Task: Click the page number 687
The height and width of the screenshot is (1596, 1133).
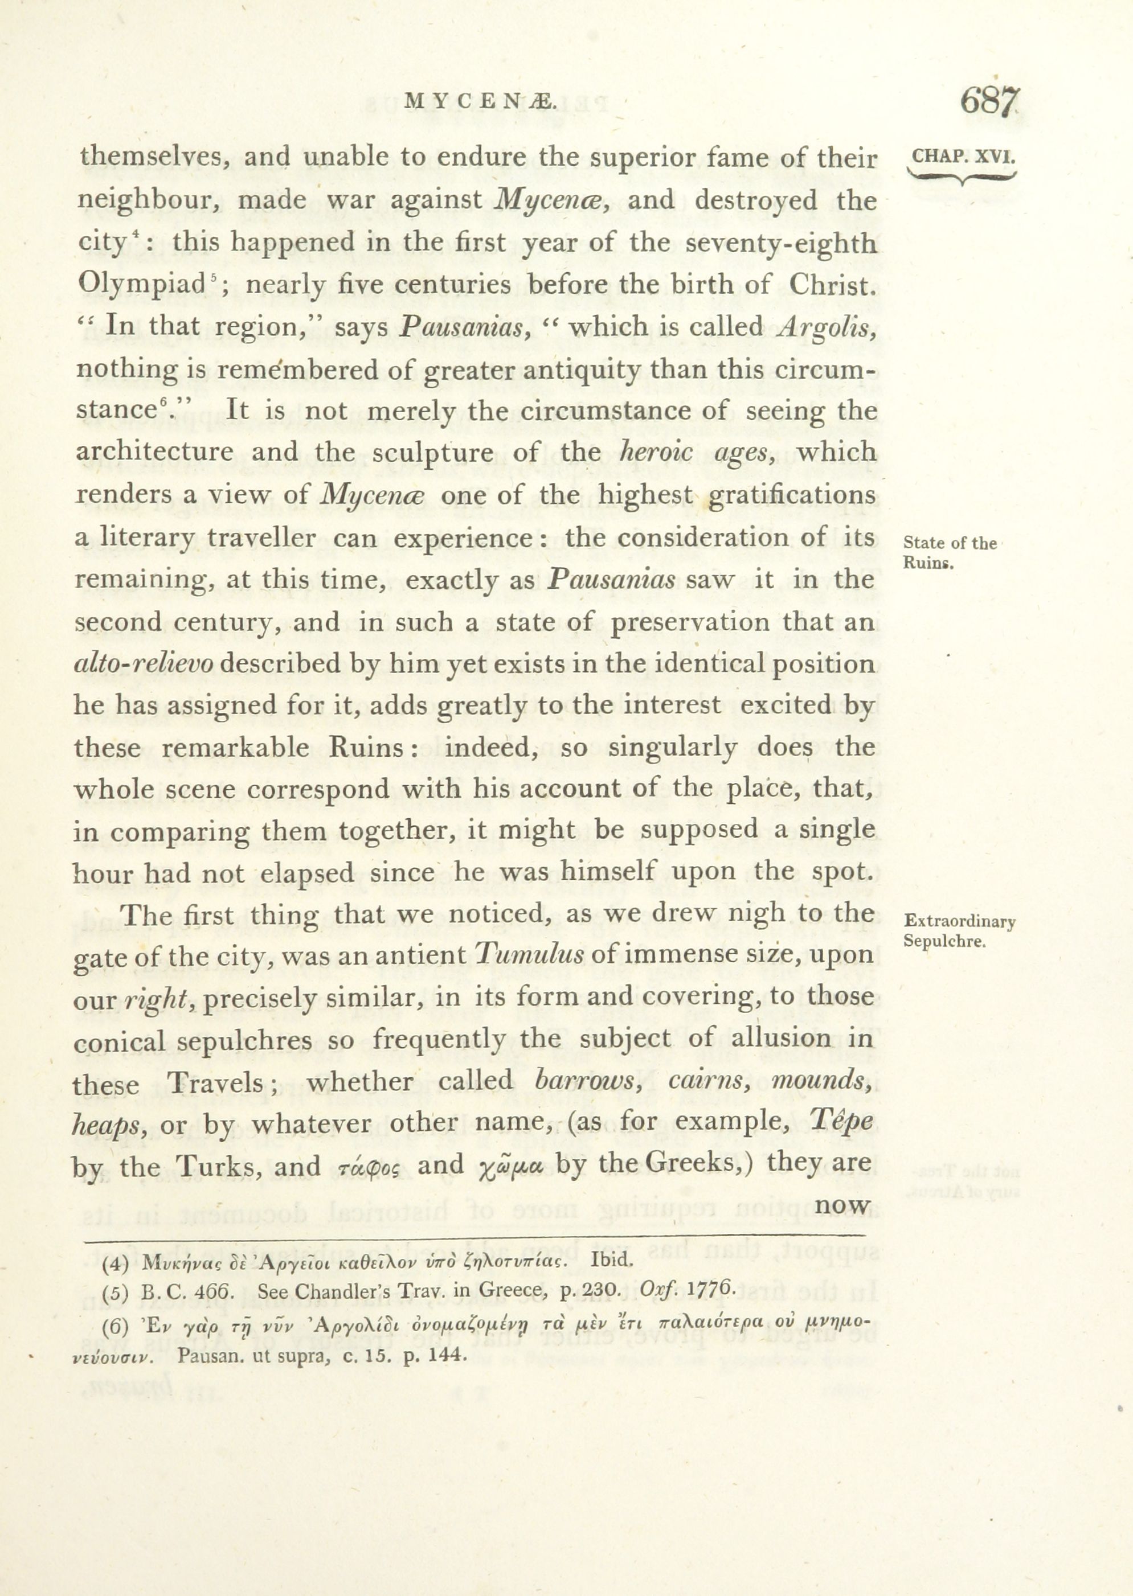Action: click(989, 102)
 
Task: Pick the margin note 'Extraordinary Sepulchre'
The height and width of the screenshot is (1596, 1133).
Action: click(959, 931)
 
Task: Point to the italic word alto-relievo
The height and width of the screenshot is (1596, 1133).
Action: click(143, 664)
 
